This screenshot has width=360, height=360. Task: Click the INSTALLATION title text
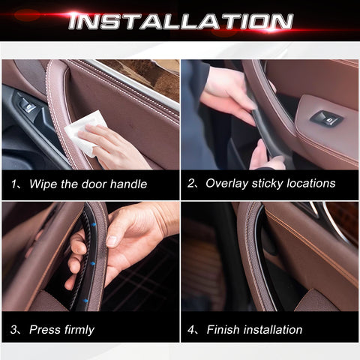click(x=181, y=22)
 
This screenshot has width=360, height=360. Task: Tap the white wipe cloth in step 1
click(x=84, y=133)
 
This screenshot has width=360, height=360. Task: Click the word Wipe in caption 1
click(x=43, y=184)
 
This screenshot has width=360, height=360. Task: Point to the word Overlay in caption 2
click(x=227, y=184)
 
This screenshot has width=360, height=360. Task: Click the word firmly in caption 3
click(x=79, y=330)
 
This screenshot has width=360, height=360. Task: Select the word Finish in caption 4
click(x=223, y=329)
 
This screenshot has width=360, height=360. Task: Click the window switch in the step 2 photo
click(x=326, y=118)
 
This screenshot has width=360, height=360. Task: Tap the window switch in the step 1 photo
click(x=27, y=105)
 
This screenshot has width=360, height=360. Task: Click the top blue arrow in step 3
click(x=94, y=224)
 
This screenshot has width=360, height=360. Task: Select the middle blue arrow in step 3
click(x=92, y=263)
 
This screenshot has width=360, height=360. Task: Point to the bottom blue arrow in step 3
click(x=85, y=301)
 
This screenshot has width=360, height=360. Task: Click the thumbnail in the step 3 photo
click(x=112, y=241)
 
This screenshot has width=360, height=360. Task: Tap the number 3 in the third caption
click(x=13, y=330)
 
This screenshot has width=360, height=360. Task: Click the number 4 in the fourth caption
click(x=190, y=330)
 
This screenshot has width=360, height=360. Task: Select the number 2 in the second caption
click(x=190, y=184)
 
